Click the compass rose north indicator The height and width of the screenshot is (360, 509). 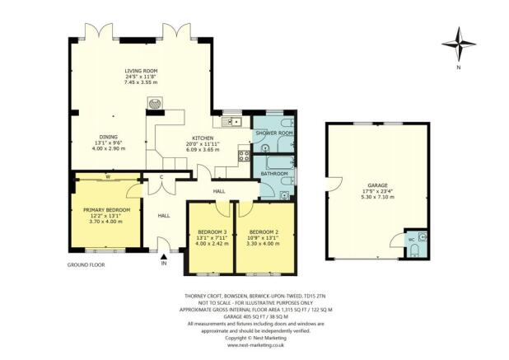459,44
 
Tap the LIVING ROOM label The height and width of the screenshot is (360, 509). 140,72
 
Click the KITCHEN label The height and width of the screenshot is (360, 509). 203,138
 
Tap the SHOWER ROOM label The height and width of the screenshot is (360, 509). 273,133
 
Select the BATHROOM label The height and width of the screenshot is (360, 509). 273,174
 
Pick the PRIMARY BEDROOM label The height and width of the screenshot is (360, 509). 102,210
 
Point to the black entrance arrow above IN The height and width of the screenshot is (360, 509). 163,256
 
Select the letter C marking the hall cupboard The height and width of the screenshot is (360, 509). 161,178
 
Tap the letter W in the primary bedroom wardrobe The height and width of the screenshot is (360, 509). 108,177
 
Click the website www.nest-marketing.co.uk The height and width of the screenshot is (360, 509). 254,346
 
